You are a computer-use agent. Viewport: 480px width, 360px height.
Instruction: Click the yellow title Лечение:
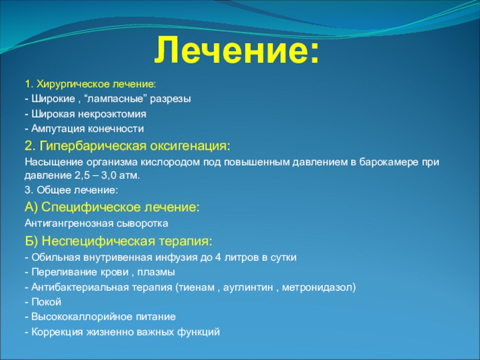pyautogui.click(x=236, y=50)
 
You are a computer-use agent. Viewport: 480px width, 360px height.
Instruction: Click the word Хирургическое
pyautogui.click(x=73, y=84)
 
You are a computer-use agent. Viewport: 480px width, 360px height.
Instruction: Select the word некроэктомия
pyautogui.click(x=112, y=114)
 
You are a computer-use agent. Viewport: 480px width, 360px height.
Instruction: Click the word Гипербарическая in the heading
pyautogui.click(x=93, y=146)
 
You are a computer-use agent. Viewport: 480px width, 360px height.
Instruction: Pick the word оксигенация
pyautogui.click(x=190, y=146)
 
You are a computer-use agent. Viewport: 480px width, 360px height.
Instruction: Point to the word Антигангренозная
pyautogui.click(x=69, y=223)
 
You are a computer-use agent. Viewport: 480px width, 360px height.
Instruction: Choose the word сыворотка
pyautogui.click(x=142, y=223)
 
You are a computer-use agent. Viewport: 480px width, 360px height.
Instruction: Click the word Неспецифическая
pyautogui.click(x=98, y=242)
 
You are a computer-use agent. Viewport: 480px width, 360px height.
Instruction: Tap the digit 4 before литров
pyautogui.click(x=218, y=257)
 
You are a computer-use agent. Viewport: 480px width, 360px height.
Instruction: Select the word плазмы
pyautogui.click(x=156, y=272)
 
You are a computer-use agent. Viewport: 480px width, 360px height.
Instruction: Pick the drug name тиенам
pyautogui.click(x=197, y=287)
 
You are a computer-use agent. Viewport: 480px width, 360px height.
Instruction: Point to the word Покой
pyautogui.click(x=47, y=302)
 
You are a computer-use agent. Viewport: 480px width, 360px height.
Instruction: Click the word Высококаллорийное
pyautogui.click(x=82, y=317)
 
